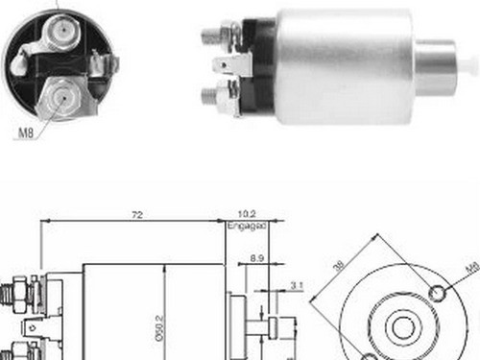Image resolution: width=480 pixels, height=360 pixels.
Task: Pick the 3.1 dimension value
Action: (295, 284)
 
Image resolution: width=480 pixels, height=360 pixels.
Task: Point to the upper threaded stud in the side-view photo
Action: (212, 36)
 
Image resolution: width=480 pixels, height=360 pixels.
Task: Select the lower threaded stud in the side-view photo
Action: (212, 95)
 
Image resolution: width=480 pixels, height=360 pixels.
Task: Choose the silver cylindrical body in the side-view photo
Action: (341, 65)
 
